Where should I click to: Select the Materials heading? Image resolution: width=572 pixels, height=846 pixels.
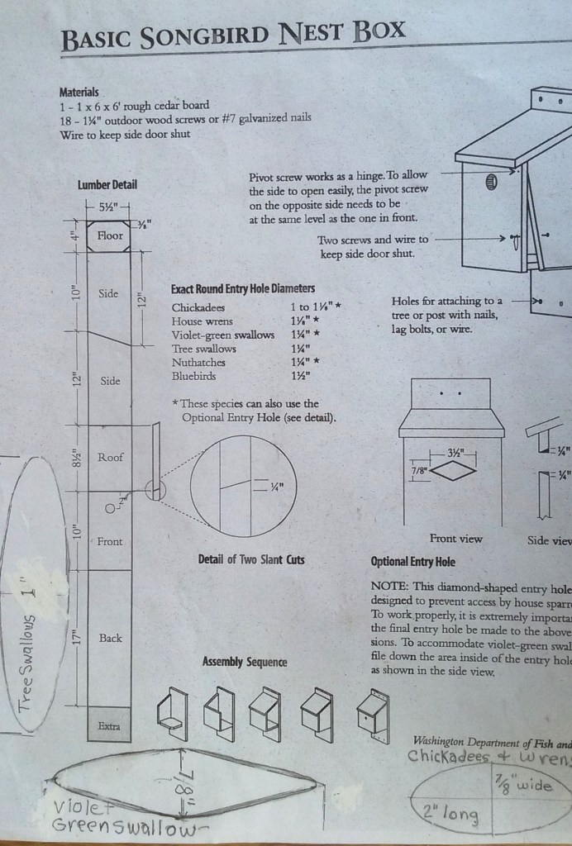click(x=79, y=93)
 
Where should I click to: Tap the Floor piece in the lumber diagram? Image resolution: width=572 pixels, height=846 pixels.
click(x=110, y=235)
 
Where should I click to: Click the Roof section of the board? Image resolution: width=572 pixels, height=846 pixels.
click(x=111, y=457)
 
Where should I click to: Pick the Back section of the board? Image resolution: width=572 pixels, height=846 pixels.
click(x=111, y=638)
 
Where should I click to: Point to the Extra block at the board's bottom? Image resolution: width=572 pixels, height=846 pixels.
click(x=109, y=726)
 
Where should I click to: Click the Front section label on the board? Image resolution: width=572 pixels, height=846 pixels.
click(x=110, y=542)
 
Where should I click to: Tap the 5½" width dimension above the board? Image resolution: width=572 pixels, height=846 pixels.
click(x=108, y=207)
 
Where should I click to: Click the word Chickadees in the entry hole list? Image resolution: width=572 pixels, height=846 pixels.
click(x=198, y=307)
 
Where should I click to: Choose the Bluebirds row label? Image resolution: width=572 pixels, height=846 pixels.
click(x=195, y=376)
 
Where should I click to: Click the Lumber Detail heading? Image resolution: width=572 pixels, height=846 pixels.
click(x=107, y=185)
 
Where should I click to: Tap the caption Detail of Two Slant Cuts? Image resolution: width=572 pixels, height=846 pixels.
click(x=251, y=560)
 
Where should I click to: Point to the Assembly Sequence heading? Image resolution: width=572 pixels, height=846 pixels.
click(x=245, y=662)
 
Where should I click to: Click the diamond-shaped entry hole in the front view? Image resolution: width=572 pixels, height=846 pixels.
click(x=453, y=471)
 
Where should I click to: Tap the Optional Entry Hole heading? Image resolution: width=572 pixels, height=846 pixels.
click(x=412, y=562)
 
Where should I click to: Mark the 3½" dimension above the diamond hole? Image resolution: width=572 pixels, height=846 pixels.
click(x=455, y=453)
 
